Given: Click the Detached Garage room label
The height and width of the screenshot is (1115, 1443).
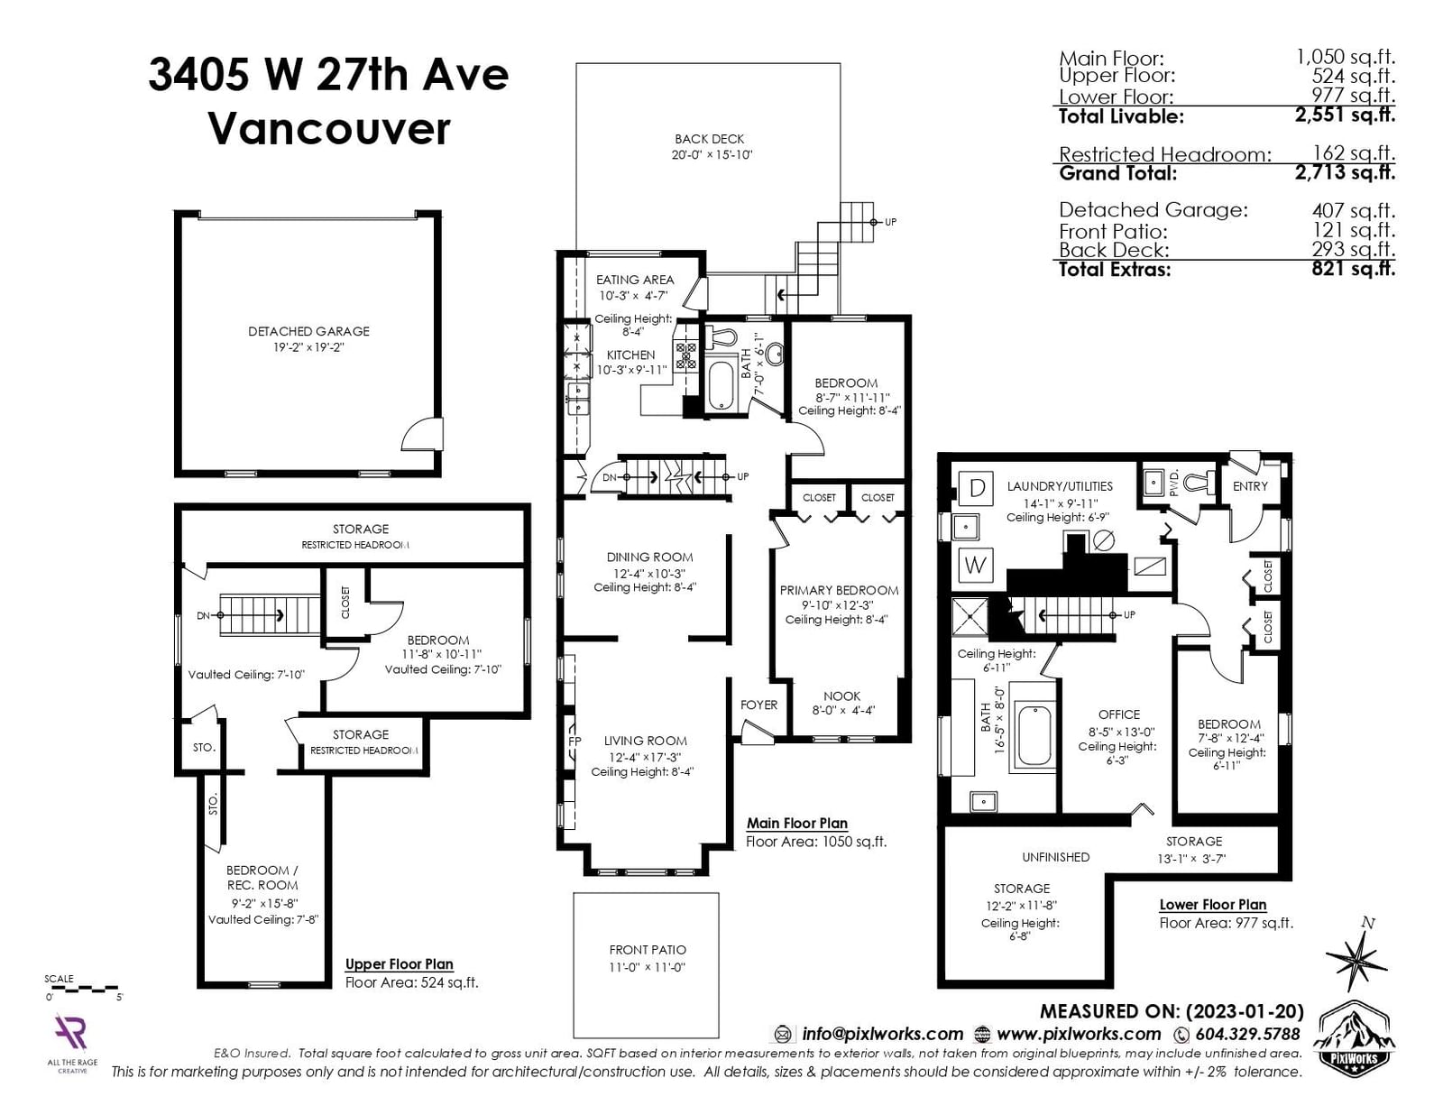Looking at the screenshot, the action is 308,331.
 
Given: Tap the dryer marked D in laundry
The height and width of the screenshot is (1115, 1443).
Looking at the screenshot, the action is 977,489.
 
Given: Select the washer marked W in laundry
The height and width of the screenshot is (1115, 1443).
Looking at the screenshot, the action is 976,565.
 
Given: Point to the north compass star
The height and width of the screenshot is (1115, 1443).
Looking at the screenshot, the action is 1356,955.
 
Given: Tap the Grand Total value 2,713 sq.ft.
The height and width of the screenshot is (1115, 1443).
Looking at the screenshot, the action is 1345,172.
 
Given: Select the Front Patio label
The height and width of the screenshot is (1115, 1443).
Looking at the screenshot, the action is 648,950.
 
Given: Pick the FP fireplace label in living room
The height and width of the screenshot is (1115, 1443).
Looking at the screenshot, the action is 575,742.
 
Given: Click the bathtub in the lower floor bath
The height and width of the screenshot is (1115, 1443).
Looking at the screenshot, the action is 1033,736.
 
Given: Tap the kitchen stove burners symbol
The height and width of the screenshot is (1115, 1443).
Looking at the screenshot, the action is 685,356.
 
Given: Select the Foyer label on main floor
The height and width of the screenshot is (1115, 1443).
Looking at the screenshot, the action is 758,705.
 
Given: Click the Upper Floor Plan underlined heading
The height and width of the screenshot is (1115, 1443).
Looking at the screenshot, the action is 400,964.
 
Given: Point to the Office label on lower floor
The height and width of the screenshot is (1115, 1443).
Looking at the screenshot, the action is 1119,714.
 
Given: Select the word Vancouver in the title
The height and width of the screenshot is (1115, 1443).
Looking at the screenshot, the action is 330,128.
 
